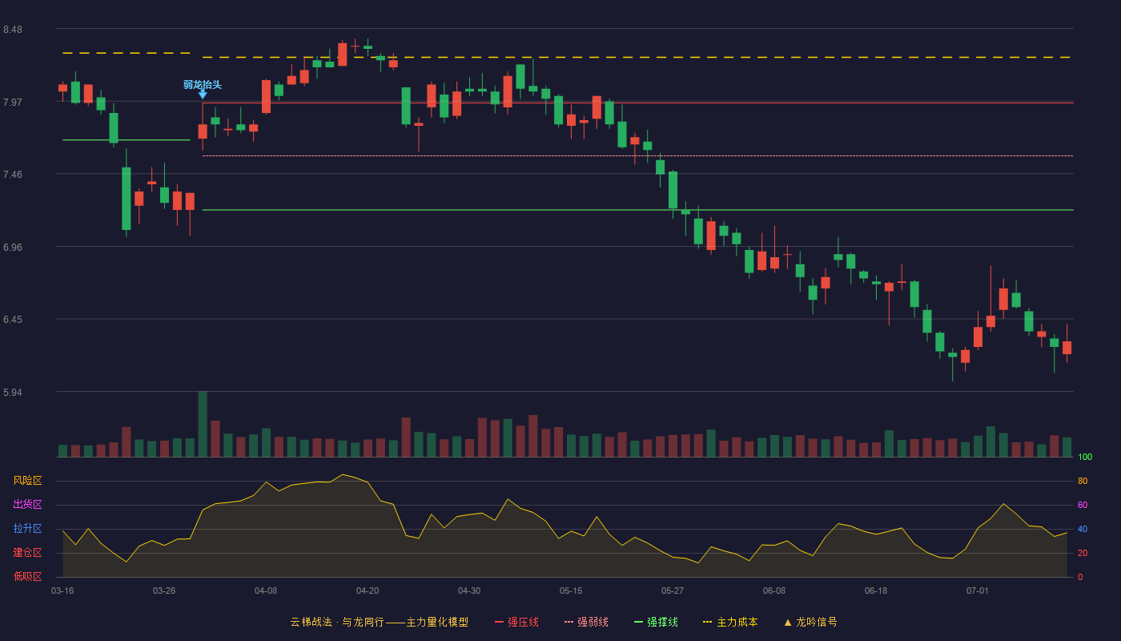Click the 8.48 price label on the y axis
pos(13,30)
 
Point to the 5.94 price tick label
pos(13,392)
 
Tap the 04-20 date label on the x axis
pos(368,591)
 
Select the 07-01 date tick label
pos(978,591)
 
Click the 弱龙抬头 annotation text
pos(202,85)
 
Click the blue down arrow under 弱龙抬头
pos(203,95)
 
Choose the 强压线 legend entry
pos(516,622)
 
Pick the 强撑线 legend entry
pos(656,622)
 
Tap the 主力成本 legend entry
pos(730,622)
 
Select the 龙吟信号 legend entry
pos(810,622)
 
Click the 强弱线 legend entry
pos(586,622)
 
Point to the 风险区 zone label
pos(27,481)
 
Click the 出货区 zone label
pos(27,504)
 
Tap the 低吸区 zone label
pos(27,576)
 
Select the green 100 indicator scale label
pos(1085,457)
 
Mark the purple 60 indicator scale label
pos(1083,505)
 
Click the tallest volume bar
pos(203,424)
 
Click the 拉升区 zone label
pos(27,528)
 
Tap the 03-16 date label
pos(62,591)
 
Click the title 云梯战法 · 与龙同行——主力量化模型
pos(380,622)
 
